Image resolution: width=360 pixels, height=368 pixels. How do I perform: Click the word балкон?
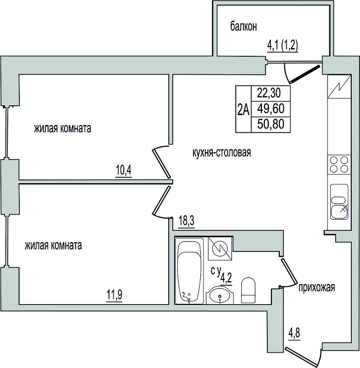pos(243,27)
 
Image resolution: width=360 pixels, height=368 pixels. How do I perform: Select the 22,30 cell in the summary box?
pos(270,94)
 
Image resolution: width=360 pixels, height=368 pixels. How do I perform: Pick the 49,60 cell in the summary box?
pos(270,109)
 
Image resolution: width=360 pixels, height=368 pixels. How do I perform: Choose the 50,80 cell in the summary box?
pos(270,124)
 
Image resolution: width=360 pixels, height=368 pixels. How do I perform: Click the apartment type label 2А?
pos(243,110)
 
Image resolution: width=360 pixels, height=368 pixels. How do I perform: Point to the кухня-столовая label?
pos(222,153)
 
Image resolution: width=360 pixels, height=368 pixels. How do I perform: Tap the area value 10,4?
pos(123,170)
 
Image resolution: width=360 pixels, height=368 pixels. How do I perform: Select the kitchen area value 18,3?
pos(186,221)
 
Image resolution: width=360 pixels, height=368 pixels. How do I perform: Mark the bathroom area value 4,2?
pos(226,278)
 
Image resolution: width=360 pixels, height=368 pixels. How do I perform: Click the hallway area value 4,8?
pos(294,333)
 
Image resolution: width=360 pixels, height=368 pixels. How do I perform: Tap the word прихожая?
pos(316,287)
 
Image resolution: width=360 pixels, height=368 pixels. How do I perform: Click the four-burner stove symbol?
pos(339,165)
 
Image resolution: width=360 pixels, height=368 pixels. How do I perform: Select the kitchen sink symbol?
pos(339,202)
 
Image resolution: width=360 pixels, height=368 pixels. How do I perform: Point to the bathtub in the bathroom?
pos(189,271)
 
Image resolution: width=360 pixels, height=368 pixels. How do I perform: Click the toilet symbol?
pos(248,290)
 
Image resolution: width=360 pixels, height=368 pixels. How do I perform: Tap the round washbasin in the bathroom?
pos(220,295)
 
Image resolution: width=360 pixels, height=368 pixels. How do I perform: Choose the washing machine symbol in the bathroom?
pos(220,248)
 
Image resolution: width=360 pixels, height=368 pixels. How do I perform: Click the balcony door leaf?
pos(305,74)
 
